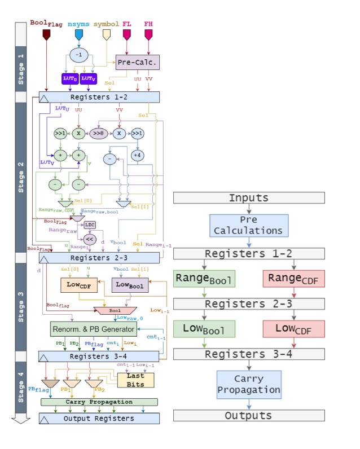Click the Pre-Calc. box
click(x=138, y=62)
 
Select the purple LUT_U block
click(x=69, y=78)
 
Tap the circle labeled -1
click(x=80, y=54)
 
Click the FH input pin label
click(x=148, y=24)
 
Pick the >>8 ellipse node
click(x=99, y=134)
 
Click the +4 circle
click(x=138, y=155)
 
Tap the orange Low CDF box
click(x=80, y=285)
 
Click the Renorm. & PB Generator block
click(x=93, y=329)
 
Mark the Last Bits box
click(x=135, y=380)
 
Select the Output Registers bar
click(x=99, y=419)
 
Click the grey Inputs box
click(x=248, y=198)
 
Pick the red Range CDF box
click(x=293, y=279)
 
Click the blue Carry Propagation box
click(x=248, y=384)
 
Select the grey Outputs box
click(x=248, y=416)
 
